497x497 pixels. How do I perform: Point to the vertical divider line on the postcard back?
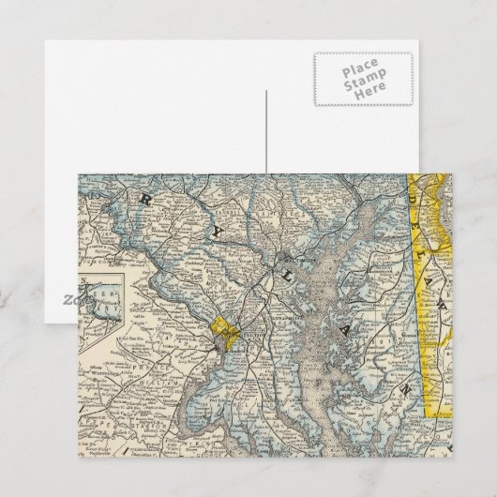point(266,131)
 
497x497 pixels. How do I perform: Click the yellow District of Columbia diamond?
point(226,329)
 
